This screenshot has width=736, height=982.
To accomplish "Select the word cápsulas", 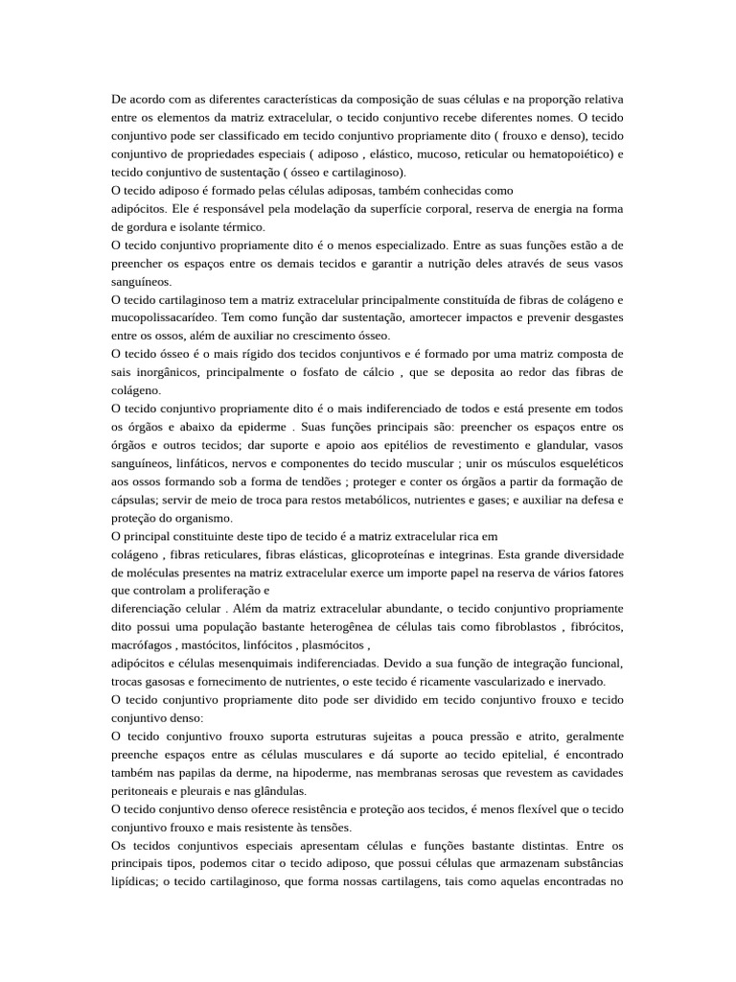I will (134, 501).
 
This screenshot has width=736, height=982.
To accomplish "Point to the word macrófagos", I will (144, 646).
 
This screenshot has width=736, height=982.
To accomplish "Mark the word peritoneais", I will (143, 792).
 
